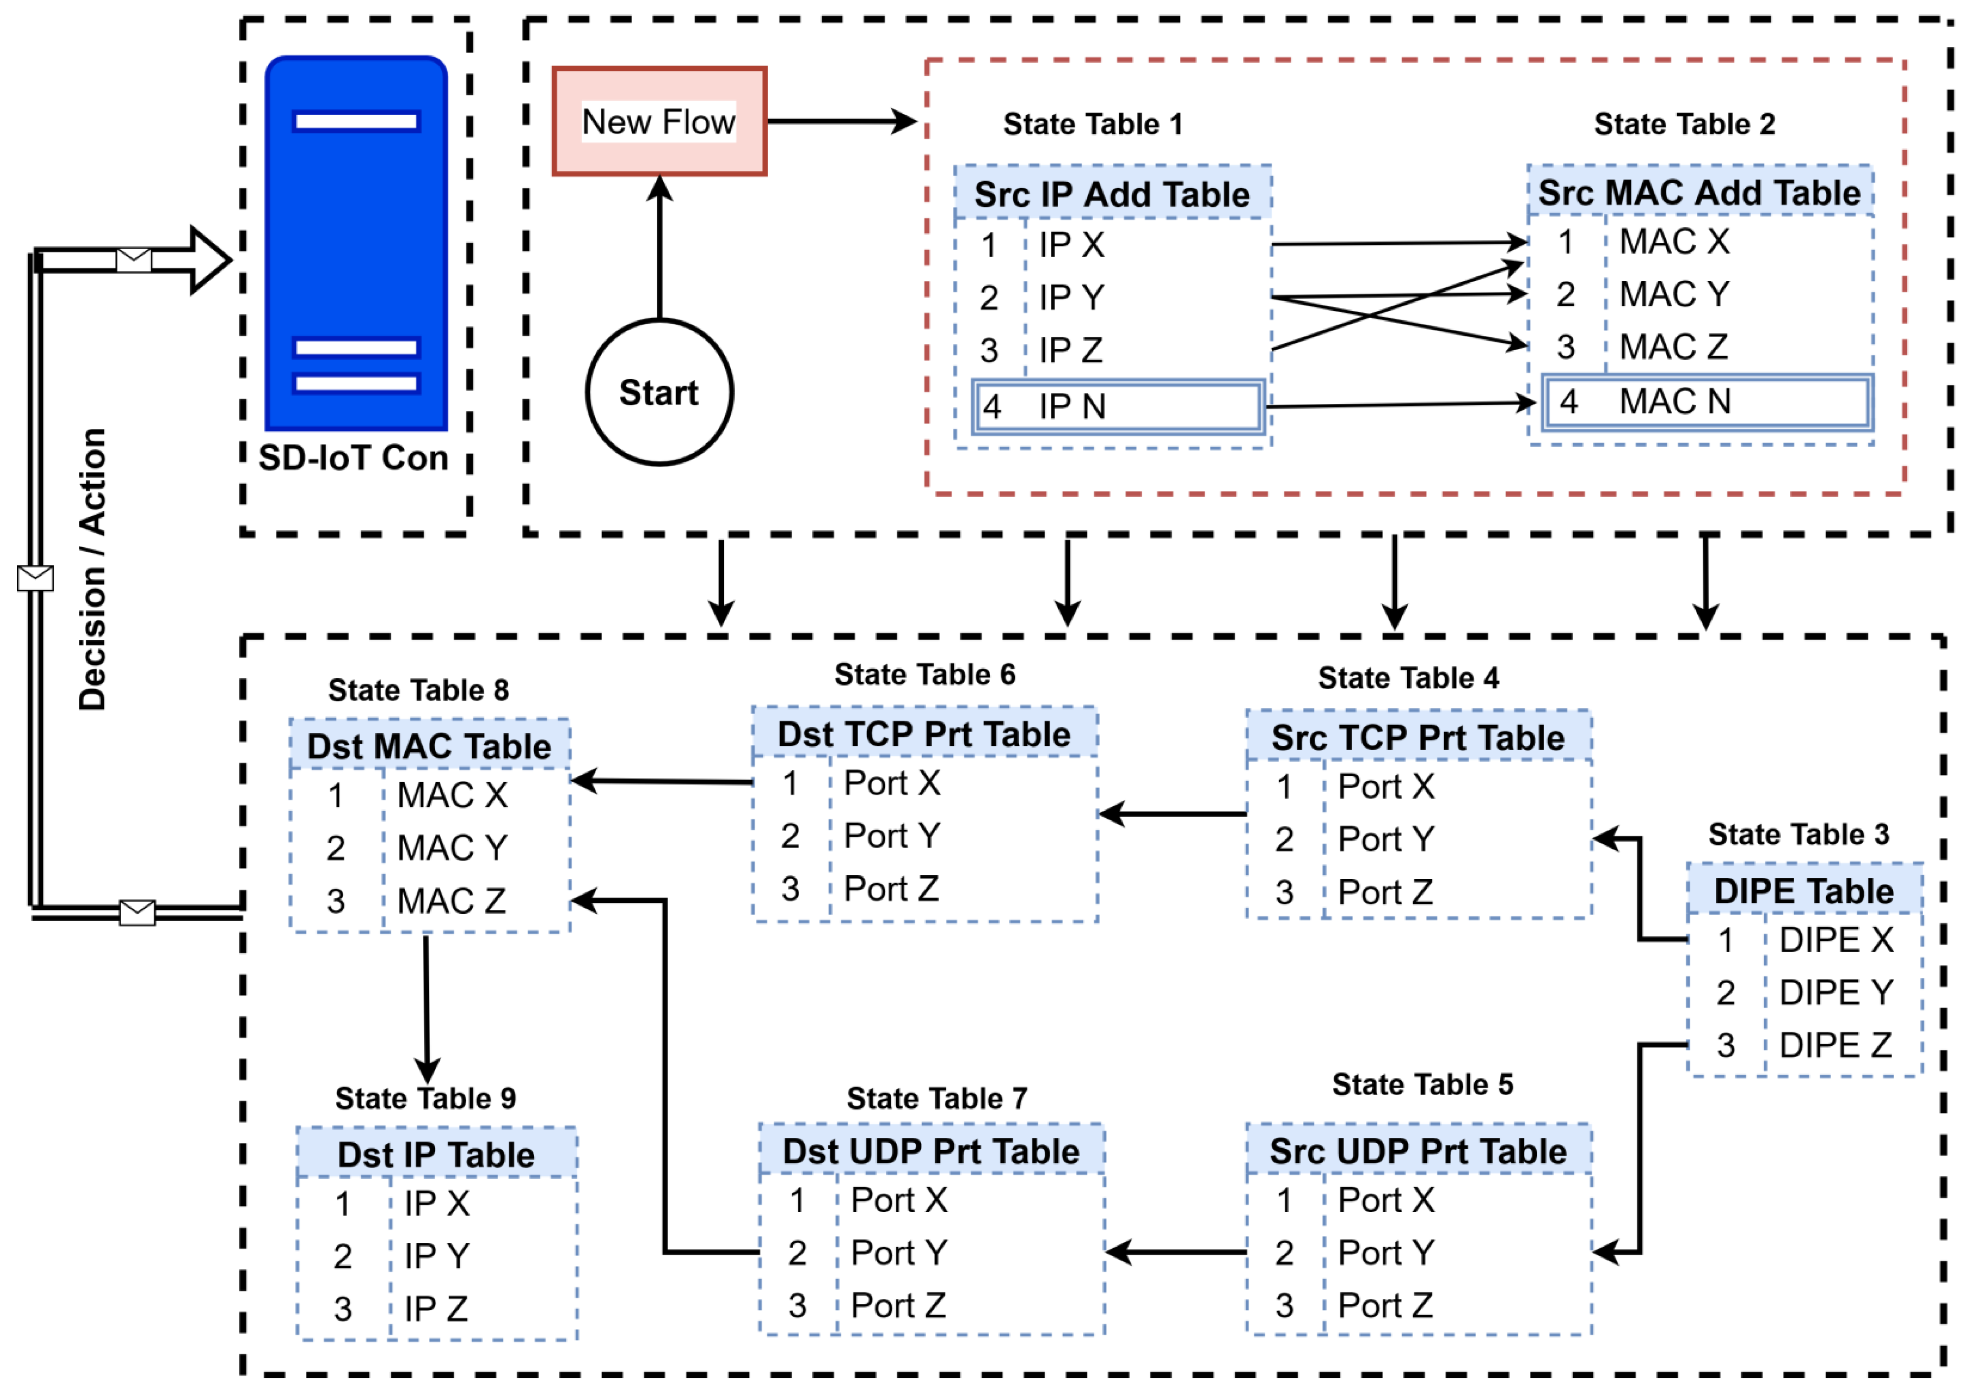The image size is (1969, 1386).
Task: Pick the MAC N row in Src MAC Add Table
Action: [1707, 402]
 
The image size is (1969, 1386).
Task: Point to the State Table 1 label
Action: [1093, 124]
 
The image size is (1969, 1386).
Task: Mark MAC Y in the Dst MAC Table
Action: [452, 848]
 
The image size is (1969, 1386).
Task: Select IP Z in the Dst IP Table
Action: [436, 1309]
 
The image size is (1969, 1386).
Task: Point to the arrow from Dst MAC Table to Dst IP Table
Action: [426, 1007]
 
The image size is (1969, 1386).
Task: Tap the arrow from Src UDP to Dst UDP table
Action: [1175, 1252]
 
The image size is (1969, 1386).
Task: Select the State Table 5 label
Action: [1422, 1084]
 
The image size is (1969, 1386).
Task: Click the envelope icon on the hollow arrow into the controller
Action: [134, 260]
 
